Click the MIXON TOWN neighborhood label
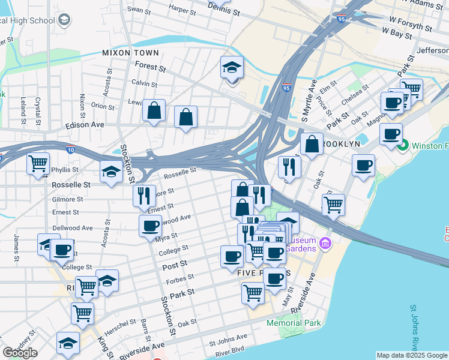(130, 53)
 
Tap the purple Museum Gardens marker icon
(325, 243)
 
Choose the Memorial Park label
(294, 323)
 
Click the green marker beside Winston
(402, 145)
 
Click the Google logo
(20, 353)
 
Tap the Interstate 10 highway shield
(71, 152)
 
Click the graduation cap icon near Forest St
(231, 68)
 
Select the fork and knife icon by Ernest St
(144, 196)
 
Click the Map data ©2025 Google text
(411, 355)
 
